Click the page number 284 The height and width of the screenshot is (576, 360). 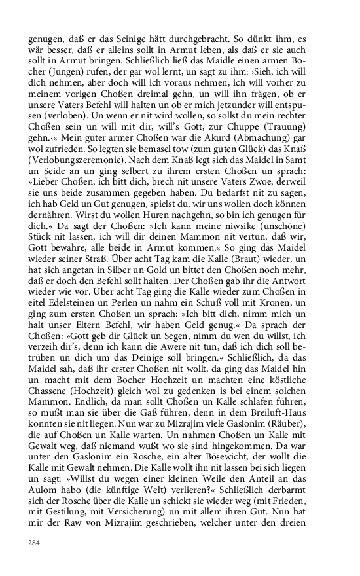point(35,543)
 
